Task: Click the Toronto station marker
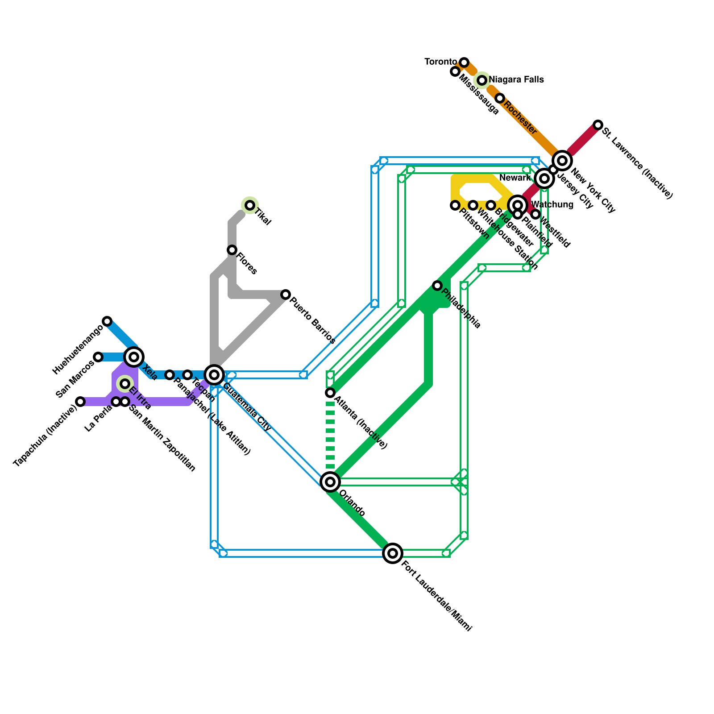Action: click(464, 62)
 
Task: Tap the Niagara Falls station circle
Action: click(482, 80)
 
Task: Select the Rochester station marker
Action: click(500, 98)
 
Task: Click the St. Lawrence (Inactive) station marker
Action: click(598, 125)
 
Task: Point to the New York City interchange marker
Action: click(562, 161)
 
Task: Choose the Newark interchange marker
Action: click(544, 178)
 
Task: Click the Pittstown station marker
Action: click(455, 205)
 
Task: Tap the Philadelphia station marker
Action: click(437, 286)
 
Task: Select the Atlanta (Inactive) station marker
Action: click(330, 393)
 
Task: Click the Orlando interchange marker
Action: click(330, 482)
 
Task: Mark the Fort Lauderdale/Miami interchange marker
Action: click(393, 553)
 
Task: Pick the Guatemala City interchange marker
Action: click(214, 375)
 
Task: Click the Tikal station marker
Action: click(250, 205)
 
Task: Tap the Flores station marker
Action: click(232, 250)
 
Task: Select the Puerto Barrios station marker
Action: click(286, 295)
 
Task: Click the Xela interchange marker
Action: click(134, 357)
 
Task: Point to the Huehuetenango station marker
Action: click(107, 321)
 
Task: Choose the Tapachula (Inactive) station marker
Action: click(80, 402)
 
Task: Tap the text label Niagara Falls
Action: click(516, 80)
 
